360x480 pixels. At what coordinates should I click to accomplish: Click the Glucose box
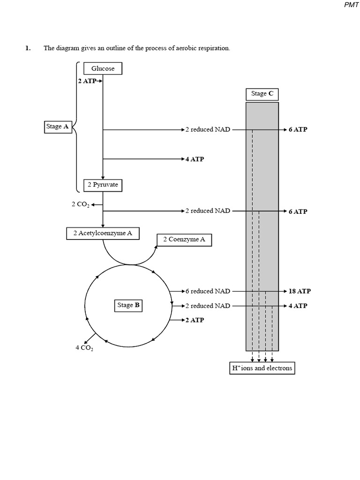click(103, 68)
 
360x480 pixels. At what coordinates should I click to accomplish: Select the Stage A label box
click(58, 127)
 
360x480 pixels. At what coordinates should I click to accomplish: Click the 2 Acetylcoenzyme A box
click(103, 233)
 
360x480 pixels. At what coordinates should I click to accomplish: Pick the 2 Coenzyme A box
click(184, 240)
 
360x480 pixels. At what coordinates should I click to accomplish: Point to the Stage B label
click(128, 305)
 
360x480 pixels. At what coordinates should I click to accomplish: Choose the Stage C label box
click(262, 94)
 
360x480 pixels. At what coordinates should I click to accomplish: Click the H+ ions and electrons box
click(262, 368)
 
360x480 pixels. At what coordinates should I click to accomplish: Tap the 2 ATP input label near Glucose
click(87, 81)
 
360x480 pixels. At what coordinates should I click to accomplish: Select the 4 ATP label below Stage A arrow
click(195, 159)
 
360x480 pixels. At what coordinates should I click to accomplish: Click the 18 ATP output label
click(300, 291)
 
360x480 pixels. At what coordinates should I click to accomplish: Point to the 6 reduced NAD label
click(208, 291)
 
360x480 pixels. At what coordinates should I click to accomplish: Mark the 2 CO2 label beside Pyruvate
click(80, 204)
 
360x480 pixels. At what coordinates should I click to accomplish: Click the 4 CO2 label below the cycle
click(84, 348)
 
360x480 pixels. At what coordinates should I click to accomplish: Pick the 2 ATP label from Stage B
click(195, 320)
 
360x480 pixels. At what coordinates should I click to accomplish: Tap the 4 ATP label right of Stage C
click(298, 306)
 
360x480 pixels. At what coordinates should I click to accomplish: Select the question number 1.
click(28, 48)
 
